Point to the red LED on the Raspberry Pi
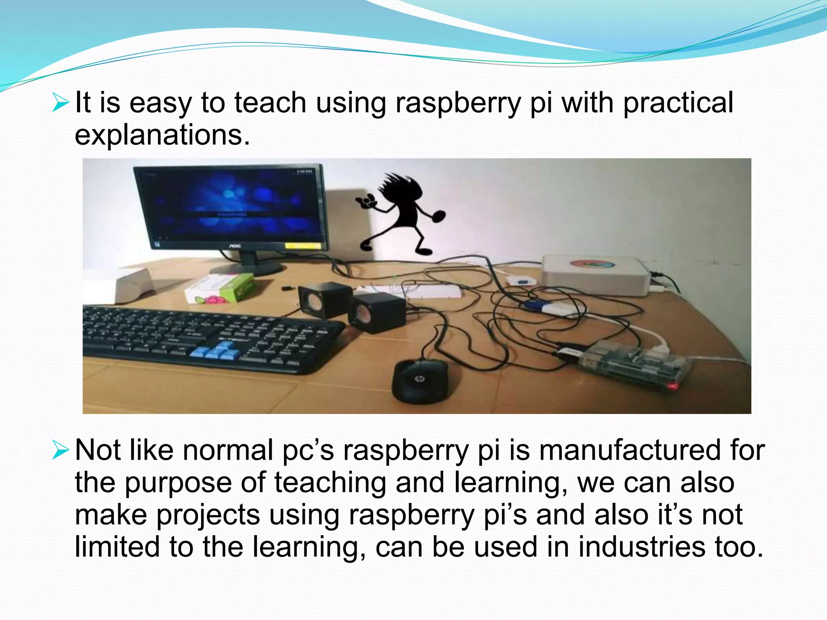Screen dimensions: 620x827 pyautogui.click(x=672, y=387)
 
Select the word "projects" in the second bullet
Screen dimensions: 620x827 pyautogui.click(x=208, y=515)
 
